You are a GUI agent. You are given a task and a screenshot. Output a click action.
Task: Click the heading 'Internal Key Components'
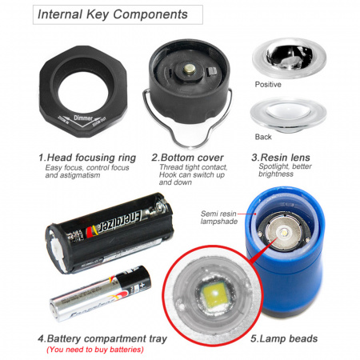[113, 14]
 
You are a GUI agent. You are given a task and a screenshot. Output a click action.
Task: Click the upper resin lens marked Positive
[290, 57]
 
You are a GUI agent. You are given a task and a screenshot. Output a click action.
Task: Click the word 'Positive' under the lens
[268, 84]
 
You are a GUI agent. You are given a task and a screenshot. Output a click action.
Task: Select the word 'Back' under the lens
[263, 137]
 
